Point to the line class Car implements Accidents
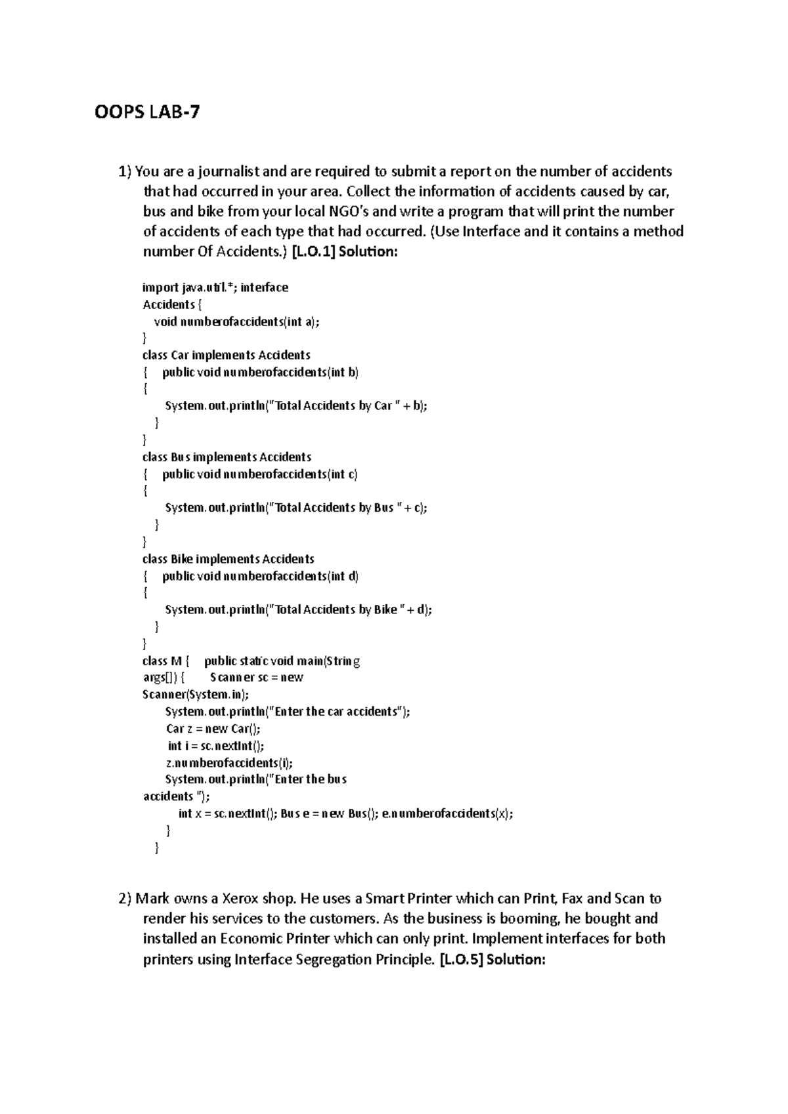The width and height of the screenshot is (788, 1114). tap(226, 355)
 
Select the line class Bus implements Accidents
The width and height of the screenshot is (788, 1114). tap(227, 457)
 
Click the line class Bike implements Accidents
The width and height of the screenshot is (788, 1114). tap(228, 559)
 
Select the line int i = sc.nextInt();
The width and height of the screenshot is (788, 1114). tap(215, 745)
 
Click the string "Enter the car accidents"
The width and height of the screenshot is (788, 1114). tap(338, 711)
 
